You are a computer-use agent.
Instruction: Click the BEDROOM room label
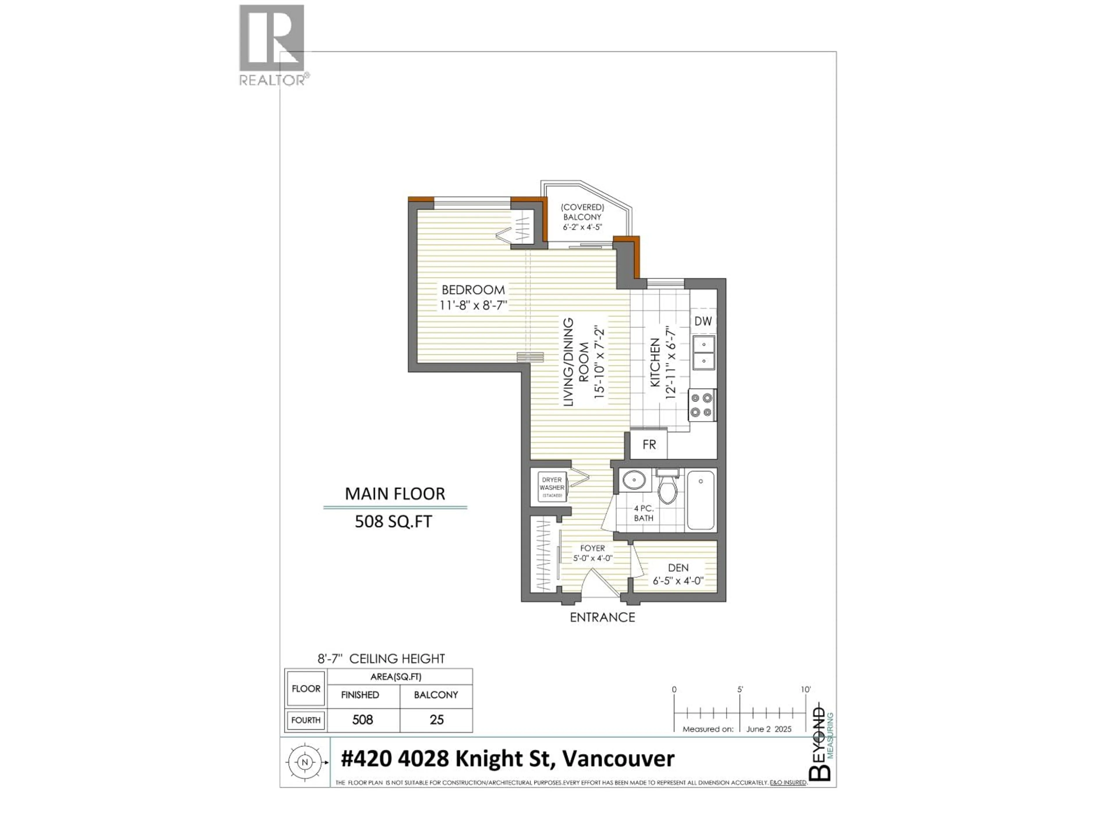(x=473, y=290)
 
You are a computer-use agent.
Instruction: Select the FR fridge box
(x=649, y=445)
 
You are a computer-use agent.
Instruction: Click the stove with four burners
(x=702, y=405)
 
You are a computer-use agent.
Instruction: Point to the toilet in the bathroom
(x=668, y=487)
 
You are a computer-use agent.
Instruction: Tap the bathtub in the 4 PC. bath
(x=700, y=500)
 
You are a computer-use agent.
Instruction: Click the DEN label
(x=678, y=568)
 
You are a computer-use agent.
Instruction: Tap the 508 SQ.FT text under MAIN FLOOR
(x=393, y=522)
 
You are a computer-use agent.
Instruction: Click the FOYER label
(x=592, y=548)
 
